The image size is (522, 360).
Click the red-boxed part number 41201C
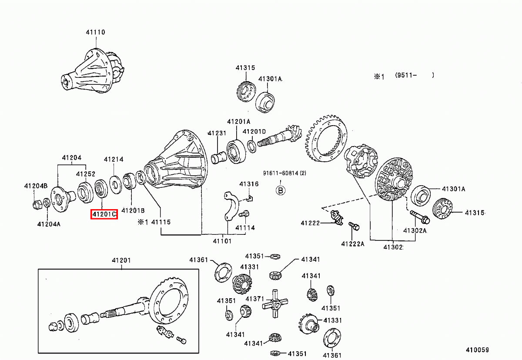click(104, 214)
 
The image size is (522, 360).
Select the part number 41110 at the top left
click(95, 32)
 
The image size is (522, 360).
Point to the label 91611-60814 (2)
click(284, 173)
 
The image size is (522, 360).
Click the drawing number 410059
click(477, 350)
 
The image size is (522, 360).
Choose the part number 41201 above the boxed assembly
click(120, 260)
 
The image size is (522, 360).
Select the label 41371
click(255, 299)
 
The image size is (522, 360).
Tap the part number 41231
click(217, 133)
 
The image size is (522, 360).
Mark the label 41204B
click(36, 186)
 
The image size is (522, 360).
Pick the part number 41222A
click(352, 243)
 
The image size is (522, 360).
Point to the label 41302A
click(415, 230)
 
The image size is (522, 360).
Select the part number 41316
click(249, 184)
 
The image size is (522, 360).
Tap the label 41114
click(245, 227)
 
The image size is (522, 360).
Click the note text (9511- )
click(414, 75)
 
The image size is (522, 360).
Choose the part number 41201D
click(254, 131)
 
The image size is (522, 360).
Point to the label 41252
click(86, 174)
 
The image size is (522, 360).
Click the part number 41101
click(222, 241)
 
